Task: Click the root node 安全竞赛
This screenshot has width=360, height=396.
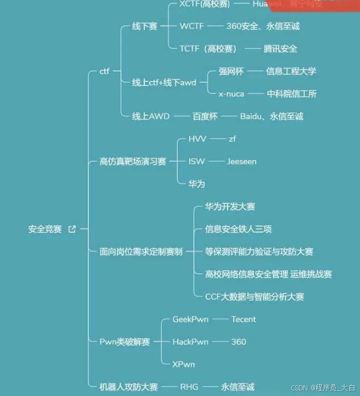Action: pos(45,229)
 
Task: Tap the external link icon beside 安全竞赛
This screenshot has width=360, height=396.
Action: pos(72,229)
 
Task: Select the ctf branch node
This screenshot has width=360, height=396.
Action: pos(105,71)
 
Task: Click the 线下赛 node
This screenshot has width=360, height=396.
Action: pos(144,26)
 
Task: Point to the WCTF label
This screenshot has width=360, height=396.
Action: pos(192,26)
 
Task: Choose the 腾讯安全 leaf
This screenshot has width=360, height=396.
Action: pos(280,49)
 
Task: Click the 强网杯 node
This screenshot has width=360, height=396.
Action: pos(232,71)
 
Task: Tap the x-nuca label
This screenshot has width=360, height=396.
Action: pos(231,94)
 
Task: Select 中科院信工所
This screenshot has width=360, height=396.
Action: pos(292,94)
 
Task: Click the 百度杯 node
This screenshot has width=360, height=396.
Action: pos(205,116)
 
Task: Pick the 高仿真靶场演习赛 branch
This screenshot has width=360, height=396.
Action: pos(132,161)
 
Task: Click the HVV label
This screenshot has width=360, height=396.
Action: pos(197,139)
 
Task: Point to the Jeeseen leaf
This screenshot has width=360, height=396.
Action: pos(241,161)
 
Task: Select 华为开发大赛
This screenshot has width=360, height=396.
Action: pos(230,207)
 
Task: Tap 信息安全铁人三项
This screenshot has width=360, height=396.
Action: pos(238,229)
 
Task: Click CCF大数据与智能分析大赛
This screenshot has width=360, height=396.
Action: pos(254,296)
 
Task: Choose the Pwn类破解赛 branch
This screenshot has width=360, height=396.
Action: pos(125,342)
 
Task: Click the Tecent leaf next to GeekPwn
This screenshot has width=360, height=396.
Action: pos(244,319)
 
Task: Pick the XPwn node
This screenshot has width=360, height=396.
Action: pos(183,364)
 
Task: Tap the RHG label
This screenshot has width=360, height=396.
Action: pos(189,387)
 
